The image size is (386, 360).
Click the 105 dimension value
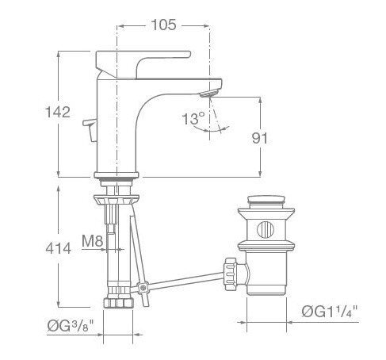[x=164, y=25]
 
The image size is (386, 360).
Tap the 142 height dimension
[x=58, y=112]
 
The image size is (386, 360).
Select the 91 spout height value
[x=260, y=138]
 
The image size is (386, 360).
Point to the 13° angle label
[x=193, y=118]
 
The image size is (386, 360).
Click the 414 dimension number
[x=58, y=248]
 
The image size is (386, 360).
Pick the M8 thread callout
[x=92, y=241]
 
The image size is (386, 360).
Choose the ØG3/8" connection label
[x=71, y=325]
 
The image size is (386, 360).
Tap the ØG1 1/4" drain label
[x=330, y=312]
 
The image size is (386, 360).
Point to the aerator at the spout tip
[x=208, y=93]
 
